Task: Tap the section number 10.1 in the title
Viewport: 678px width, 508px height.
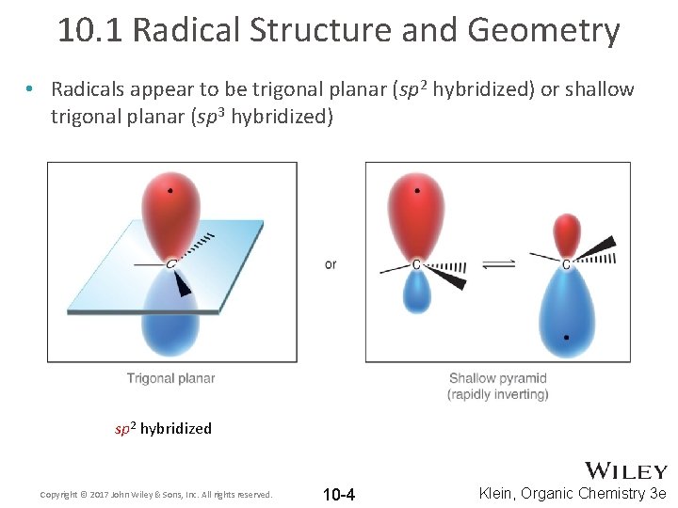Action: (x=90, y=30)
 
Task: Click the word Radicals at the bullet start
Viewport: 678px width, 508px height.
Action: (x=89, y=89)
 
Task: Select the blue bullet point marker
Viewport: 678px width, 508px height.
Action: (x=31, y=90)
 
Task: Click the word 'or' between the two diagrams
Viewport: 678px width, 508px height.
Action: (x=331, y=264)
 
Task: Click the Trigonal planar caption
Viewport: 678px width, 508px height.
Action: (x=171, y=378)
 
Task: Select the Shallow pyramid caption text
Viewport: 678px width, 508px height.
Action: (x=498, y=379)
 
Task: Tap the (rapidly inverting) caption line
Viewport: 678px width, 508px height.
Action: (x=498, y=394)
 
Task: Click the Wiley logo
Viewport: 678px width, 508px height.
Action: (x=626, y=470)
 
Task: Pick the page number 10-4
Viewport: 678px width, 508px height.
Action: (x=338, y=494)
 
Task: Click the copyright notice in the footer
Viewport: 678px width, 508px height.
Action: (x=156, y=494)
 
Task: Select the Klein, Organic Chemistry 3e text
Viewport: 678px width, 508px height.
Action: (x=573, y=493)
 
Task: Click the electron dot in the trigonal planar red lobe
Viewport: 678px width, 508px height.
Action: (x=169, y=191)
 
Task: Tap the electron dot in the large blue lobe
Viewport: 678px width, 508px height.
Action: (x=566, y=337)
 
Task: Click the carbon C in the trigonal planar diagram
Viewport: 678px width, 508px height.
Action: (x=170, y=264)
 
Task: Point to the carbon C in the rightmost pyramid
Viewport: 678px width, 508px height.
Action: (x=566, y=265)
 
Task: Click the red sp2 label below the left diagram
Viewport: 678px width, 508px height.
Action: (x=126, y=429)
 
